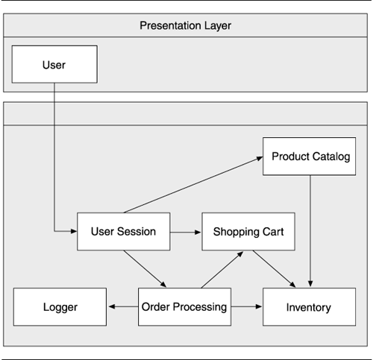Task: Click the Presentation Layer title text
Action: click(185, 25)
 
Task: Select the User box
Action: click(54, 64)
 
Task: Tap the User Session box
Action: click(124, 231)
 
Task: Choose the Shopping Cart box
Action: click(248, 231)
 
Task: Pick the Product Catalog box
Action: click(309, 157)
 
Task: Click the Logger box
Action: click(60, 307)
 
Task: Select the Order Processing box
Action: click(184, 307)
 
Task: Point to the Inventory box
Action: click(309, 307)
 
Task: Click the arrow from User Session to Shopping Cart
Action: click(186, 233)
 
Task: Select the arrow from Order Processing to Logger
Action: click(123, 306)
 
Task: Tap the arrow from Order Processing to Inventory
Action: click(246, 306)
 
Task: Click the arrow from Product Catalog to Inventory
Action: click(310, 231)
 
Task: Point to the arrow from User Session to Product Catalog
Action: click(193, 185)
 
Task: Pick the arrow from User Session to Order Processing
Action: click(145, 269)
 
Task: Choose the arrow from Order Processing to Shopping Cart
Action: click(222, 270)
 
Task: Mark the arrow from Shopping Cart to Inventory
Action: click(274, 269)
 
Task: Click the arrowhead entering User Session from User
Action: click(74, 231)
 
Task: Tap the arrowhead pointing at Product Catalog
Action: click(260, 158)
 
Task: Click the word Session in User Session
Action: click(137, 231)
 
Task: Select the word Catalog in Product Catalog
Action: click(331, 157)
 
